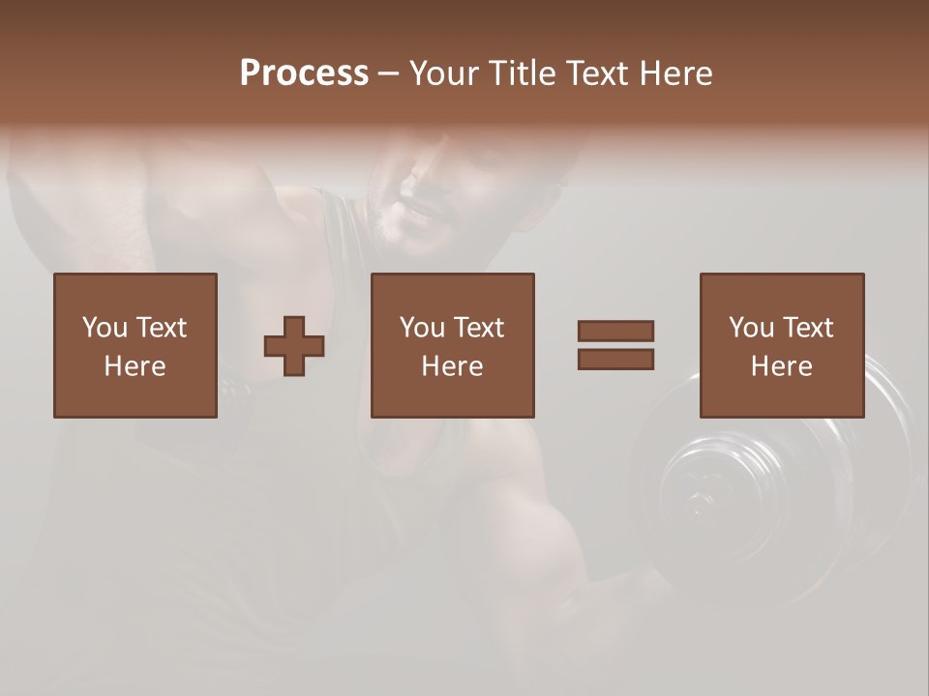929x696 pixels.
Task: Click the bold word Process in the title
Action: click(x=304, y=73)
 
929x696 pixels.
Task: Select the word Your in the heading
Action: click(x=444, y=73)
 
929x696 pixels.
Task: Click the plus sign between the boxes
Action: click(x=294, y=346)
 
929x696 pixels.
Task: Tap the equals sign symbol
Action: click(x=615, y=345)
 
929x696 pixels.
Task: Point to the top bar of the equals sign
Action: click(x=615, y=332)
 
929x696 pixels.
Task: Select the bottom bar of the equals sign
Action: click(x=615, y=359)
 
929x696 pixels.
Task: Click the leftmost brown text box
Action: click(x=135, y=345)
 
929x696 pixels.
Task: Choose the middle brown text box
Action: click(x=452, y=345)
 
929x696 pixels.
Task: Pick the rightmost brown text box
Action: click(x=781, y=345)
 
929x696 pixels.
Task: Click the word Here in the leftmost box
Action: click(x=135, y=366)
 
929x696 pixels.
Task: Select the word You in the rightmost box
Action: click(x=751, y=328)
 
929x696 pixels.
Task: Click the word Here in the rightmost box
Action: click(x=781, y=366)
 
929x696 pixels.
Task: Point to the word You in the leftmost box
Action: click(x=105, y=328)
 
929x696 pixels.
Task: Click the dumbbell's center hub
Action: click(x=699, y=503)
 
